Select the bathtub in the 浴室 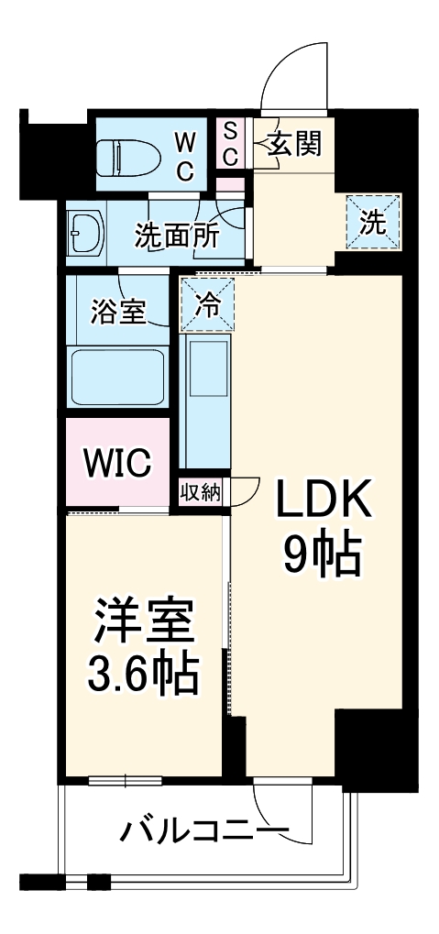pos(118,375)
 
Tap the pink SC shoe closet pos(230,143)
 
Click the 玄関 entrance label pos(294,144)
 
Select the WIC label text pos(118,464)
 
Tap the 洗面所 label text pos(176,236)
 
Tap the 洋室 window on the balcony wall pos(125,780)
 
